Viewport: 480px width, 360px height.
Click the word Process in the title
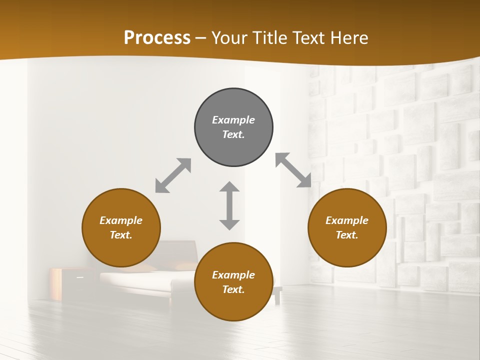(157, 38)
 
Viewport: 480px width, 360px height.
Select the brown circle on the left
(121, 250)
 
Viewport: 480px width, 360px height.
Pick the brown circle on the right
(347, 250)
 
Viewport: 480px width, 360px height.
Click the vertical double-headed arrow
(229, 205)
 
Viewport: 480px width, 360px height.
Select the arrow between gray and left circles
(173, 175)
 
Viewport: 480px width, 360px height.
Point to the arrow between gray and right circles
(293, 170)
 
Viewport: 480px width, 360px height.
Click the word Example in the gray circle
(233, 120)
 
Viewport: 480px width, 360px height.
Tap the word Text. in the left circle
(121, 235)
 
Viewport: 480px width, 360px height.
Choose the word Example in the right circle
(347, 220)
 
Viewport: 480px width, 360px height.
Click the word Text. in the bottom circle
(233, 289)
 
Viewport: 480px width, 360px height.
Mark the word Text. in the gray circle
(233, 134)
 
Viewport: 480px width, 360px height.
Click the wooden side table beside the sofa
(63, 283)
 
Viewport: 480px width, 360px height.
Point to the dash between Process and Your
(201, 38)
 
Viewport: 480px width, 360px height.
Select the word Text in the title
(309, 38)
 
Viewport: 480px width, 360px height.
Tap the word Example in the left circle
(121, 220)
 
